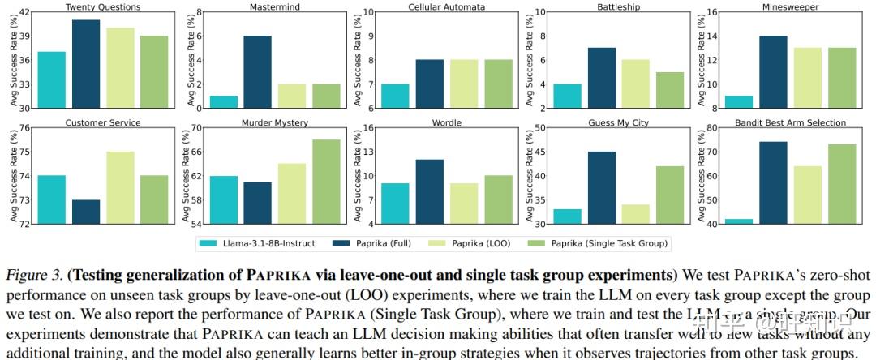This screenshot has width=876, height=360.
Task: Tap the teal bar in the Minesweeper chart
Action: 737,101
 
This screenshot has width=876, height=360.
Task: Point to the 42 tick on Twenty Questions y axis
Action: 24,12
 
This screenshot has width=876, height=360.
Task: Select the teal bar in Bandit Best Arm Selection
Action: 737,221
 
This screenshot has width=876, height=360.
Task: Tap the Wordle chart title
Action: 446,122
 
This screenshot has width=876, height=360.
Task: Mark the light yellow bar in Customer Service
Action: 120,187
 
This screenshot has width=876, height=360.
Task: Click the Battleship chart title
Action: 619,7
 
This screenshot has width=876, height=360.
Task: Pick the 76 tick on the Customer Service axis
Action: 24,128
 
